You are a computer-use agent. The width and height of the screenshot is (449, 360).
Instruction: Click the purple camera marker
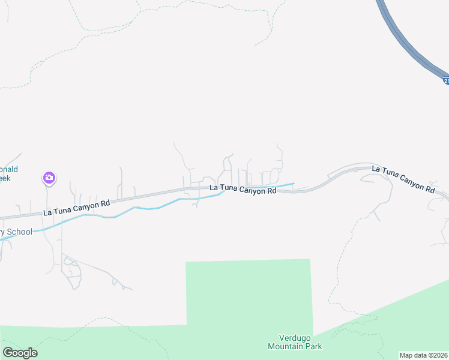(49, 178)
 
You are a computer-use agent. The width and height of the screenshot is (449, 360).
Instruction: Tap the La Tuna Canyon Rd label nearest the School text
(77, 208)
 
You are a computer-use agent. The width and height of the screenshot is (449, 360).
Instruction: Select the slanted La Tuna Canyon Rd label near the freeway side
(403, 179)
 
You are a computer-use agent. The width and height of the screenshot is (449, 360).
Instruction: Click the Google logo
(20, 353)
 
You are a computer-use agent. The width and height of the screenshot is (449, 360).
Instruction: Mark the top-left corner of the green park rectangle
(187, 262)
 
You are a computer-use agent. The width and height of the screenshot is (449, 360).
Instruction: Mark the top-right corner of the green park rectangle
(310, 260)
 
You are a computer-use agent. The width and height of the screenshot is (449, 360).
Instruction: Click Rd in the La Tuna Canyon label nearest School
(105, 203)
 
